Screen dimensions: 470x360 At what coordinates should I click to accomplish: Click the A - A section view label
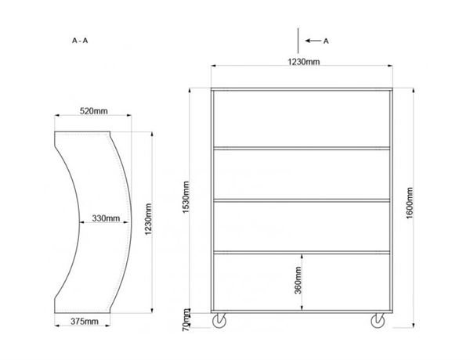pos(80,41)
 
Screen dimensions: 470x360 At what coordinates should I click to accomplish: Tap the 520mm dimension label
pos(93,111)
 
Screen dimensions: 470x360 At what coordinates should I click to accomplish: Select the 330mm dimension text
pos(106,218)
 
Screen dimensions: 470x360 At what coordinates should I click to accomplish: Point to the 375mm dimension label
pos(85,322)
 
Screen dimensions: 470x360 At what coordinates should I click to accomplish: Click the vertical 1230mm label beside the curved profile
pos(148,219)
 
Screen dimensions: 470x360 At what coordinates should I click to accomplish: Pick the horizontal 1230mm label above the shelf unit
pos(304,62)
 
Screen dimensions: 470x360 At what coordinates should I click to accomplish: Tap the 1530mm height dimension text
pos(186,197)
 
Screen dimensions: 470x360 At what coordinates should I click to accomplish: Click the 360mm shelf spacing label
pos(298,280)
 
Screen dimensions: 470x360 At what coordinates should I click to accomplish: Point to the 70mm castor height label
pos(186,320)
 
